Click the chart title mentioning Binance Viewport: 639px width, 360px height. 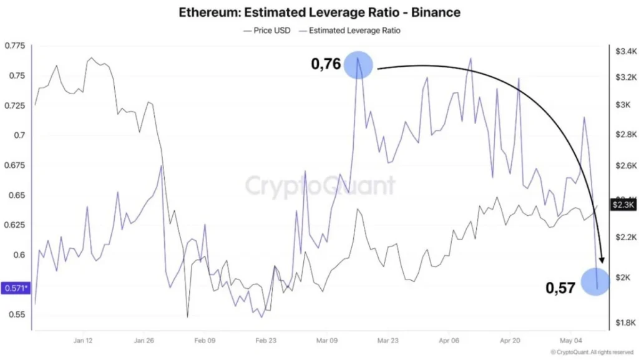pos(319,12)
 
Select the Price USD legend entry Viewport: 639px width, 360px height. pos(267,31)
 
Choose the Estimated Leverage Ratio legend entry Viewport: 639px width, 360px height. pos(349,31)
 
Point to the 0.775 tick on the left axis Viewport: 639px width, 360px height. pos(15,45)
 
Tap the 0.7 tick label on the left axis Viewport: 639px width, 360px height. pos(19,135)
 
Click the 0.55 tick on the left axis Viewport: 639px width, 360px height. pos(17,314)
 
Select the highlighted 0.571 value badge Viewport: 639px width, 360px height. pos(16,288)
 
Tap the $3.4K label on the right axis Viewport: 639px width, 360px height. pos(626,51)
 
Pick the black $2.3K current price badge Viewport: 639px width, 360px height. pos(623,205)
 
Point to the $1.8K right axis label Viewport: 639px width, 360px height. pos(625,323)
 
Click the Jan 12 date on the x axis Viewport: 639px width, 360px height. pos(83,341)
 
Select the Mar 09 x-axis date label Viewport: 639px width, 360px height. pos(327,341)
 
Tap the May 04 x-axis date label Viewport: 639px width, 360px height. pos(570,341)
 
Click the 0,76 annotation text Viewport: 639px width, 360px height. pos(326,64)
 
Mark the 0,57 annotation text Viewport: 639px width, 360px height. pos(560,288)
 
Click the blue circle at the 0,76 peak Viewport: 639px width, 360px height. pos(358,65)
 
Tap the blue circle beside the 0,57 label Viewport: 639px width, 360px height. pos(595,281)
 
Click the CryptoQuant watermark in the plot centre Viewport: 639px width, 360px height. pos(320,186)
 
